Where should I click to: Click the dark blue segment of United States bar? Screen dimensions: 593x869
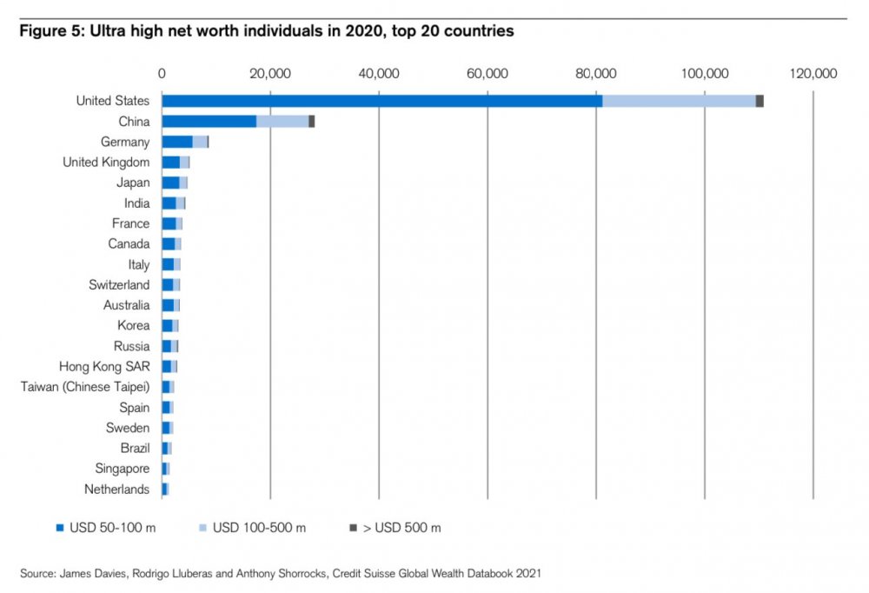[381, 101]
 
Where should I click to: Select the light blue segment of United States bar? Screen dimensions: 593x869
[679, 101]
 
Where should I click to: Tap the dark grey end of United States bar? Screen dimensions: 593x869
[760, 101]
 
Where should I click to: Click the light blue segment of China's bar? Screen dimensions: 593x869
[282, 122]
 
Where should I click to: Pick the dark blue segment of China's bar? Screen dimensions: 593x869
[209, 122]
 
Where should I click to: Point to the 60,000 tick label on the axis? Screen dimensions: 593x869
[487, 73]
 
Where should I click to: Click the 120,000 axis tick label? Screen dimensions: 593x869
[813, 73]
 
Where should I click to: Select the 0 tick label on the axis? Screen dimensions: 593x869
[162, 73]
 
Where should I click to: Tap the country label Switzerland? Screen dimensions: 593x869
[119, 284]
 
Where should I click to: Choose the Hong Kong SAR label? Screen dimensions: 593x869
[104, 366]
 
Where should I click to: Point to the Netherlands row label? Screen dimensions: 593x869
[116, 490]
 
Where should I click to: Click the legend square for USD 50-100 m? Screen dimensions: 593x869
[60, 528]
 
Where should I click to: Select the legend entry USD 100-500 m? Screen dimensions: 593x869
[259, 528]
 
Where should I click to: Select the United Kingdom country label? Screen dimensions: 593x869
[106, 162]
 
